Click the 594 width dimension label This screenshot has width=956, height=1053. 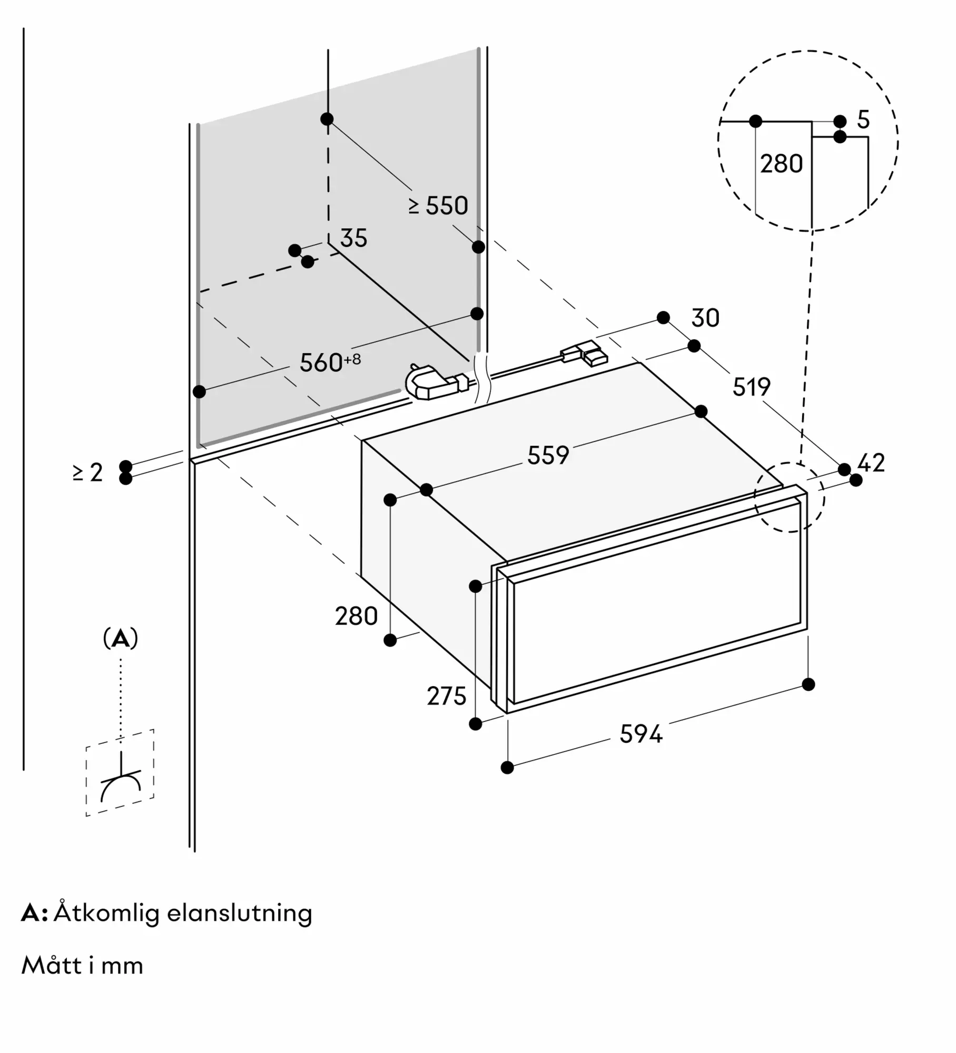click(640, 733)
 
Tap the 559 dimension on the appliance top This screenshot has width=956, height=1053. click(548, 455)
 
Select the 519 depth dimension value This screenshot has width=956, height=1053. click(752, 387)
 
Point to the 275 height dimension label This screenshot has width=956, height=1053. click(447, 696)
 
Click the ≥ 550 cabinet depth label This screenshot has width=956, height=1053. click(438, 205)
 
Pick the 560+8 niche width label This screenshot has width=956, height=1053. click(330, 362)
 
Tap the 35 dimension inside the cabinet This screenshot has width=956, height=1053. click(353, 238)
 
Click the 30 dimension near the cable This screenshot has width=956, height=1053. click(705, 318)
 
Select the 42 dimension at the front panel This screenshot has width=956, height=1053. click(871, 463)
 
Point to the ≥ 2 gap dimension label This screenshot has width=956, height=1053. click(88, 472)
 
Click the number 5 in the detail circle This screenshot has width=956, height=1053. click(863, 120)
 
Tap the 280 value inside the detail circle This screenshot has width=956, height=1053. click(781, 164)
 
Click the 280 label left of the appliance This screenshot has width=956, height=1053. click(357, 616)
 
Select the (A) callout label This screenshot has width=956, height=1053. click(121, 639)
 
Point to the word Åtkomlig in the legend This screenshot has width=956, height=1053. click(106, 913)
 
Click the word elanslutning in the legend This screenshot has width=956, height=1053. click(240, 913)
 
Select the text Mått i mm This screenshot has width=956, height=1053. click(82, 966)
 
